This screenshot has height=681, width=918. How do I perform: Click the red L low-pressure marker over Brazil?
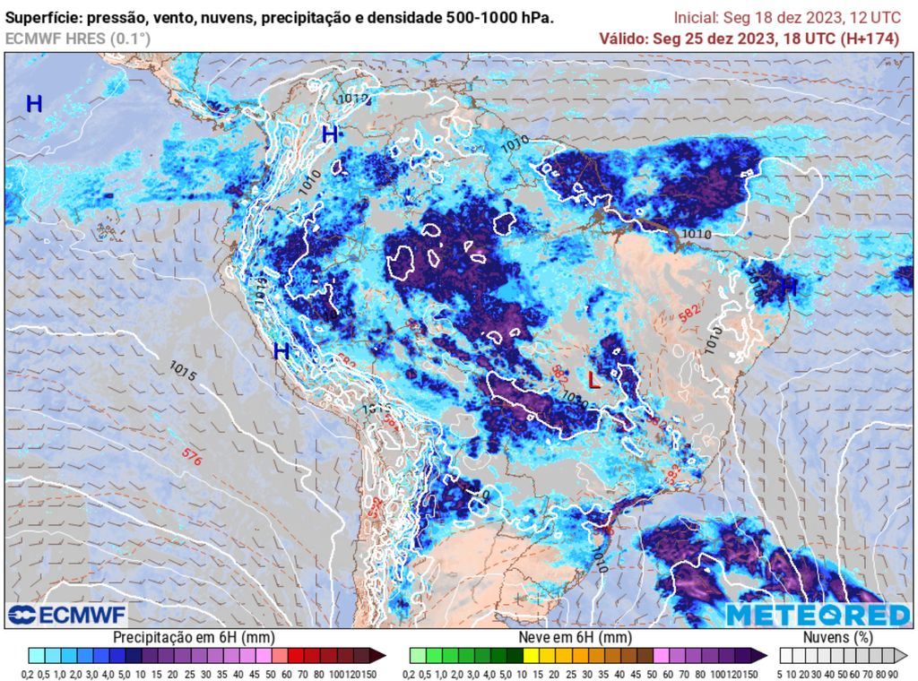(x=593, y=380)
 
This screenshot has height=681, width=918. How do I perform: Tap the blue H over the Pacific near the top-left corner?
(x=34, y=104)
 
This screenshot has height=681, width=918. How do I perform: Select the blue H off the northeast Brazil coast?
(x=789, y=288)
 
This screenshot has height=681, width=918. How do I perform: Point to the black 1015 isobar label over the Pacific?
(x=183, y=369)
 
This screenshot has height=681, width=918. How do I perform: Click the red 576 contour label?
(x=191, y=454)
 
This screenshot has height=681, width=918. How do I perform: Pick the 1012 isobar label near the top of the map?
(x=353, y=99)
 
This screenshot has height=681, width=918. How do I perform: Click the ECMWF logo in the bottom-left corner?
(x=66, y=615)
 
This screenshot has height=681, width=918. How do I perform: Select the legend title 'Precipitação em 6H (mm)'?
(x=194, y=636)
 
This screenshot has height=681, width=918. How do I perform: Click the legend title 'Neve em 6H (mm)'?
(x=574, y=636)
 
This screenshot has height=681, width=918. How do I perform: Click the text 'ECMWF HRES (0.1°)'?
(x=78, y=39)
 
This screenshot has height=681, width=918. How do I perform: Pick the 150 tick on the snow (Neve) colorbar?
(x=751, y=674)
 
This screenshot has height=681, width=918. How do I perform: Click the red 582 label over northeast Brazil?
(x=688, y=314)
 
